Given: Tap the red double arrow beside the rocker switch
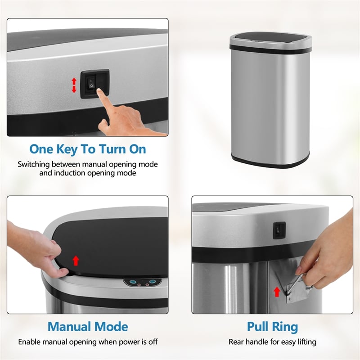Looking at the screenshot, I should coord(74,85).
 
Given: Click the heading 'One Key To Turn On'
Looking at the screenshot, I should coord(87,149).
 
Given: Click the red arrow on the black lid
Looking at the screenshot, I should coord(76,260).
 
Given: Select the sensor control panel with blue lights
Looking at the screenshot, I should coord(142,282).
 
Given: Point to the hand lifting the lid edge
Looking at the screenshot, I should coord(38,250).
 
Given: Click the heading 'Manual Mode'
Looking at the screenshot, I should coord(88,326).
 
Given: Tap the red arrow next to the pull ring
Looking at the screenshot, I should coord(277,292).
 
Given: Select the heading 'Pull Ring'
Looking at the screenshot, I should coord(272,326).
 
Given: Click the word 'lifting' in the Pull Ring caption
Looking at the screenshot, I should coord(304,342).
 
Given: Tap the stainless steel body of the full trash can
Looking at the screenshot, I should coord(270,103).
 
